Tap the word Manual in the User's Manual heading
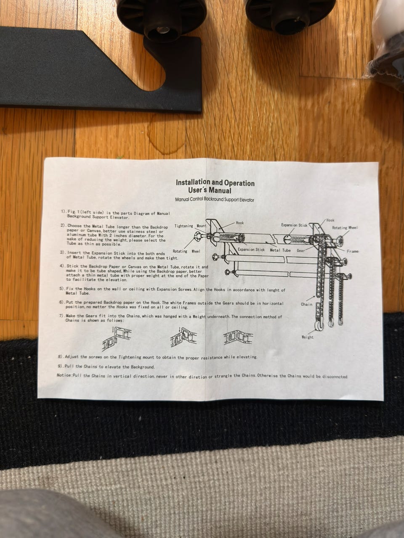tap(220, 190)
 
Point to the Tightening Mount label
tap(190, 226)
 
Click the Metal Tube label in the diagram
tap(280, 250)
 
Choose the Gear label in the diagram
tap(301, 251)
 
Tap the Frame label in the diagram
tap(353, 251)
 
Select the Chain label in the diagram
tap(307, 304)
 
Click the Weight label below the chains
tap(307, 337)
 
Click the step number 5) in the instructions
tap(62, 288)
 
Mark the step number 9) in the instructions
tap(61, 366)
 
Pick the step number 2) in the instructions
tap(64, 225)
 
